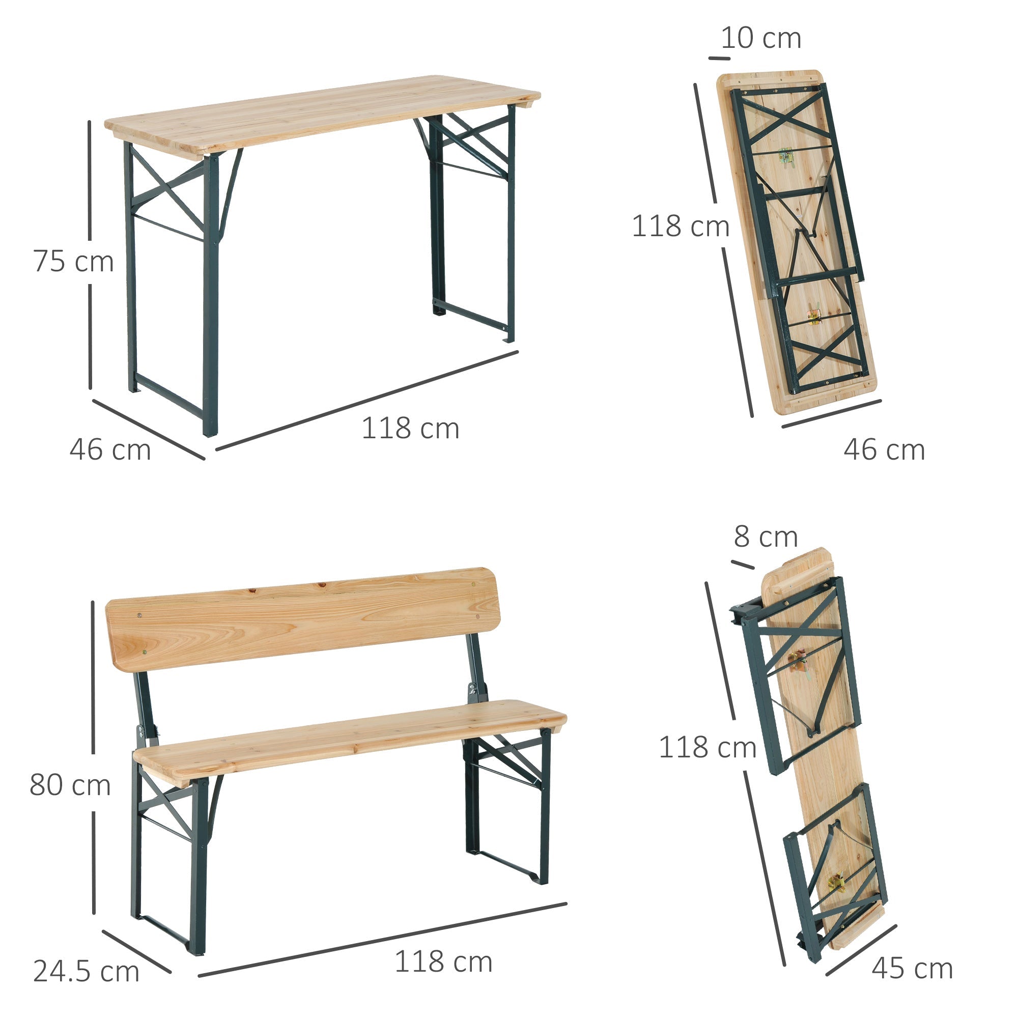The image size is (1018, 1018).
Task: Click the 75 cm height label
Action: [73, 261]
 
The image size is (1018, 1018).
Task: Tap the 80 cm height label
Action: [70, 784]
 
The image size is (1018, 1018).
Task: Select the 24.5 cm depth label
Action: [86, 971]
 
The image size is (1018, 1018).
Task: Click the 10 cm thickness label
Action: [760, 38]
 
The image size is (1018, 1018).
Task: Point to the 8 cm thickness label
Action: [765, 537]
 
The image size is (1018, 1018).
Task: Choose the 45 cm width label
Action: [912, 968]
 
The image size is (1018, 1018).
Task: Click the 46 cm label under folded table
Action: [884, 450]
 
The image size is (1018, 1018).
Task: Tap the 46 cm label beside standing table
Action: [110, 450]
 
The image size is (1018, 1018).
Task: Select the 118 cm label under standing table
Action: [410, 429]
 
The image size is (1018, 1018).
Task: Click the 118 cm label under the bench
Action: [443, 962]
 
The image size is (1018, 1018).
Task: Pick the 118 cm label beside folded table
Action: [680, 227]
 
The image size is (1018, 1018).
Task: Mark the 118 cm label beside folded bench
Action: [707, 747]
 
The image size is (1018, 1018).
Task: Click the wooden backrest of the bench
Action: [303, 619]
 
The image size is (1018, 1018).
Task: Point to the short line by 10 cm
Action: [719, 58]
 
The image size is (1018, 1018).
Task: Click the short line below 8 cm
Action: [743, 565]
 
